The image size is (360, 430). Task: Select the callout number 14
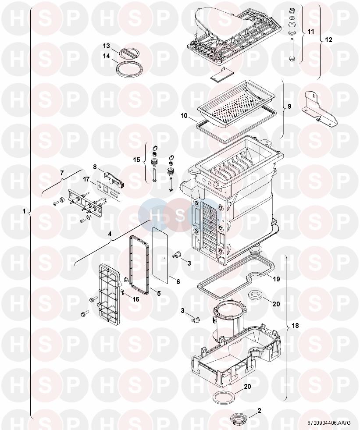pos(106,56)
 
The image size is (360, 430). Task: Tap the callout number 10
pos(184,116)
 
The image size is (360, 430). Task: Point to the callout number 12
pos(328,40)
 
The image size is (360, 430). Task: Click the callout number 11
pos(310,32)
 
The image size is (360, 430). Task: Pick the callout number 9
pos(289,106)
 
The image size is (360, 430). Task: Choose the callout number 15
pos(136,160)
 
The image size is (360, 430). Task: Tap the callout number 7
pos(62,173)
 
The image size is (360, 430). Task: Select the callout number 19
pos(276,279)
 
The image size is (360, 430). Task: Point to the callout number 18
pos(295,326)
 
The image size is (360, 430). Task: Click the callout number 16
pos(136,299)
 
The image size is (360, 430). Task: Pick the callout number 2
pos(259,411)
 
